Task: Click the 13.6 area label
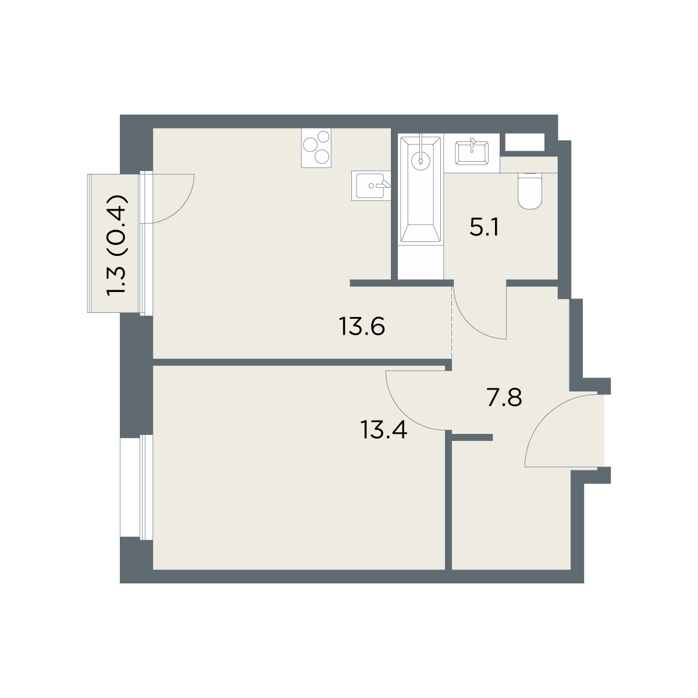click(362, 326)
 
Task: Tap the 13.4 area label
click(383, 430)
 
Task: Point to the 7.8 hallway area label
click(504, 397)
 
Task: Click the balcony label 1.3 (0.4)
click(117, 246)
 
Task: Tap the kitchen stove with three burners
click(316, 148)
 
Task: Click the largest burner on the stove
click(311, 145)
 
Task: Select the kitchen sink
click(371, 186)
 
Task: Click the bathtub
click(421, 189)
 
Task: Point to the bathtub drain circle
click(421, 162)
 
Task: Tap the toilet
click(530, 191)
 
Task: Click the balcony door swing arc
click(180, 211)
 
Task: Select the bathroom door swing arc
click(469, 325)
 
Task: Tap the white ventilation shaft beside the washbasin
click(525, 142)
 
